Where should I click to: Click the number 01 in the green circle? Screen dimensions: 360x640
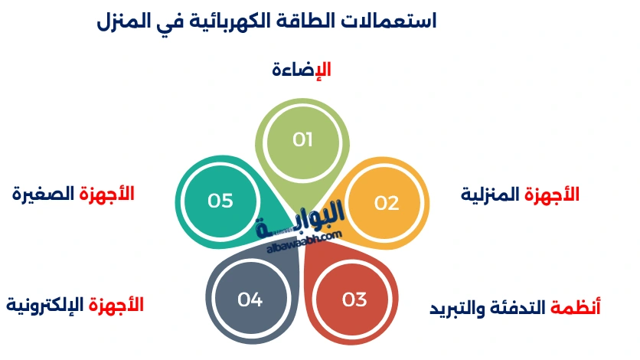[303, 139]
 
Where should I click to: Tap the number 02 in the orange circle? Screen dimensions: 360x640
[387, 203]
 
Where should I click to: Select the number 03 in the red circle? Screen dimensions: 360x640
[354, 299]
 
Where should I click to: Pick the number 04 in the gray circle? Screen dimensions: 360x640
[250, 299]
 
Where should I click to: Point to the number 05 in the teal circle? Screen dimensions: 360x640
[220, 201]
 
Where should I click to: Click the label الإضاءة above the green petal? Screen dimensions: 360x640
[302, 70]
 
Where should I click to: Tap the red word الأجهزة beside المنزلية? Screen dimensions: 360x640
[552, 195]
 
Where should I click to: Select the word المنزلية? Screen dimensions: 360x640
[491, 195]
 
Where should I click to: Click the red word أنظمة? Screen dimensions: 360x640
[576, 308]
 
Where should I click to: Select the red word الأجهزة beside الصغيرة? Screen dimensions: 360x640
[106, 194]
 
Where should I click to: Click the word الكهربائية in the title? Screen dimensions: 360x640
[230, 21]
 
